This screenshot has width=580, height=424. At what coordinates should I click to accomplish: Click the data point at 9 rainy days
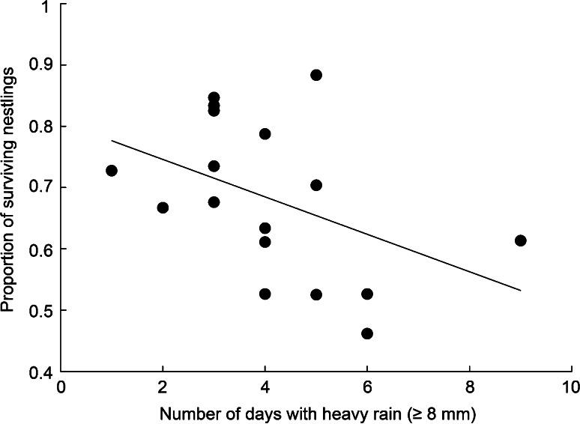click(521, 240)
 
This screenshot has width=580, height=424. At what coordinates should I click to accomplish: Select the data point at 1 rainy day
click(112, 171)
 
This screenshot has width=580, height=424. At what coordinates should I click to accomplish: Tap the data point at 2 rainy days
click(163, 208)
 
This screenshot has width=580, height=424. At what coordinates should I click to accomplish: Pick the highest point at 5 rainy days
click(316, 75)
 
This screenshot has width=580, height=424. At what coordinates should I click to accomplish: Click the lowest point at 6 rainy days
click(367, 333)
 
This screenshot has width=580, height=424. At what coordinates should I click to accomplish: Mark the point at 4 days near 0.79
click(265, 134)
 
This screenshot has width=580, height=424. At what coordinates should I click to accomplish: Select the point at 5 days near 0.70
click(316, 185)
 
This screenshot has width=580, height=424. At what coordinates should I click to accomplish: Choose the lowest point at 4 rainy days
click(265, 294)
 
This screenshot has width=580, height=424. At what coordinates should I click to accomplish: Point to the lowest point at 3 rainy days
click(214, 202)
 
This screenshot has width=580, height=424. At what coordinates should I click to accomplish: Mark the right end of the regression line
click(521, 290)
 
